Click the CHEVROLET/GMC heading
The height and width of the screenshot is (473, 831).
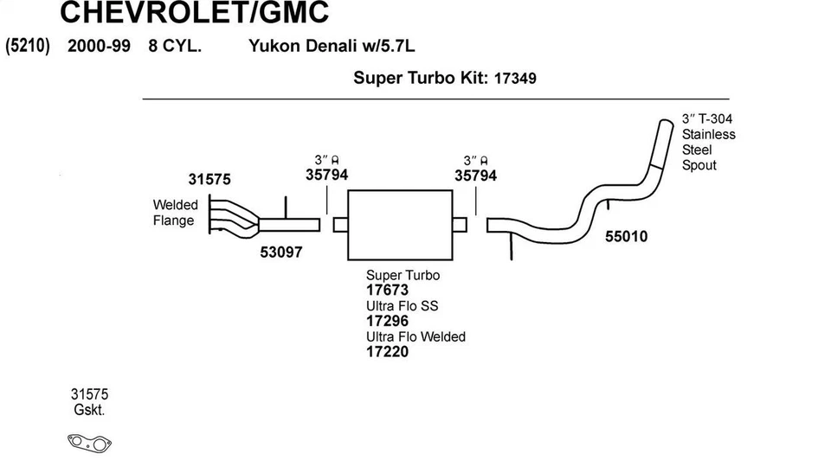(x=195, y=12)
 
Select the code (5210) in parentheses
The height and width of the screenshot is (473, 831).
(x=29, y=46)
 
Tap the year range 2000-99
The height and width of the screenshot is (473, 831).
(x=99, y=47)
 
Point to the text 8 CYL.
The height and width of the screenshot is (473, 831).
(x=175, y=47)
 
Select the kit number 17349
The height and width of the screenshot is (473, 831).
(x=515, y=79)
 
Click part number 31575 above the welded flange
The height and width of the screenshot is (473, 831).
(x=209, y=180)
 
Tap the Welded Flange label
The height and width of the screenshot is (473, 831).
(x=175, y=213)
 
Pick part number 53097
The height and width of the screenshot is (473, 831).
(x=281, y=252)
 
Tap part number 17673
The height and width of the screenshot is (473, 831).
(x=387, y=291)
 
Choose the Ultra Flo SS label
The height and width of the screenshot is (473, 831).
(x=402, y=306)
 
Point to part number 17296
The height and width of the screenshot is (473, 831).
(x=387, y=322)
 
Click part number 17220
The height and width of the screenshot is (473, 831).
(x=387, y=352)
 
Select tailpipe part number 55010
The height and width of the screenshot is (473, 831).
(x=626, y=236)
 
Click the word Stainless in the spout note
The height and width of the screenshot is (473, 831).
(x=708, y=135)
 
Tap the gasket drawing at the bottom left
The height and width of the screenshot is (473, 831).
(x=90, y=444)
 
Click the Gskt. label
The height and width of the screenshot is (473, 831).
(x=90, y=410)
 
